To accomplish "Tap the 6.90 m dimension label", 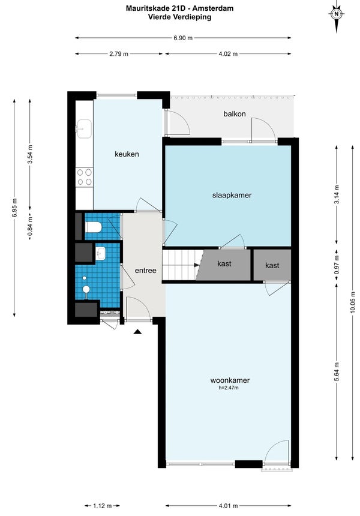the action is (x=183, y=38).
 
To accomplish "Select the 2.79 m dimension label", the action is (x=119, y=53).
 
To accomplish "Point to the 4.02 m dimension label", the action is (x=228, y=53).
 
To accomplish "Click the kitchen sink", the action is (x=84, y=128).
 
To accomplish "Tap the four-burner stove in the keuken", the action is (x=84, y=177).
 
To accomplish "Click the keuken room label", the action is (x=127, y=154).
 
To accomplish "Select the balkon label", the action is (x=235, y=114).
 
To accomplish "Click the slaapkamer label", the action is (x=232, y=195).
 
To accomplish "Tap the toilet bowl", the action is (x=93, y=227).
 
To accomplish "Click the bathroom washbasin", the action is (x=100, y=254).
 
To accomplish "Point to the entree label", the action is (x=145, y=271).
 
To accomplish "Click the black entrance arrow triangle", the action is (x=137, y=332).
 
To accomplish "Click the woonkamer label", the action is (x=230, y=380).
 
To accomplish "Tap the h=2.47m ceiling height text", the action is (x=229, y=388).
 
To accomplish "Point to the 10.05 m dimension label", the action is (x=353, y=302).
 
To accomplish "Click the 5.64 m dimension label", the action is (x=337, y=371).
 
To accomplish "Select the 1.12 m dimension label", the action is (x=103, y=506).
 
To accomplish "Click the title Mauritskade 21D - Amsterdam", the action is (x=179, y=8).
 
